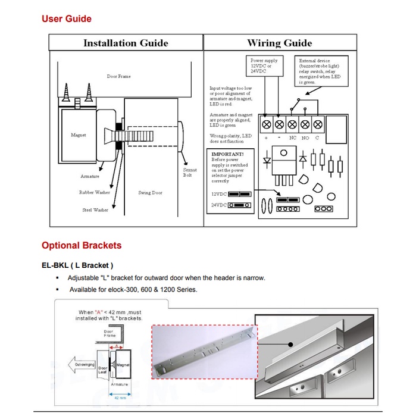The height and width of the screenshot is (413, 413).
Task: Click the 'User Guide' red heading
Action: pyautogui.click(x=66, y=19)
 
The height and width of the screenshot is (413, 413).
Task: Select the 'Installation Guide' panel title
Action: pyautogui.click(x=126, y=43)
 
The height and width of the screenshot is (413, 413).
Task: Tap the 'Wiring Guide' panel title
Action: pyautogui.click(x=279, y=43)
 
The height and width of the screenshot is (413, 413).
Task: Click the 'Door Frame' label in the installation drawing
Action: pyautogui.click(x=118, y=77)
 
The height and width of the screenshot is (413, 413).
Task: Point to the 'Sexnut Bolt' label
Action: pyautogui.click(x=189, y=172)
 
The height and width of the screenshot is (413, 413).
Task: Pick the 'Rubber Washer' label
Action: pyautogui.click(x=94, y=193)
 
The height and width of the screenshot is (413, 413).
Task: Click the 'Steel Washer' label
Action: pyautogui.click(x=95, y=210)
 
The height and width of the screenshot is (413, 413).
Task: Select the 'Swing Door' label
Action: pyautogui.click(x=150, y=193)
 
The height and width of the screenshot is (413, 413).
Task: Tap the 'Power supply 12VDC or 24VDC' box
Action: pyautogui.click(x=265, y=66)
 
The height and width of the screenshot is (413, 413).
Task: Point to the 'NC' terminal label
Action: pyautogui.click(x=292, y=137)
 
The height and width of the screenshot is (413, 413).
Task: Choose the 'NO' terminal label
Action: pyautogui.click(x=305, y=137)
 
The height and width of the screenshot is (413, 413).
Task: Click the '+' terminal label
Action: pyautogui.click(x=265, y=137)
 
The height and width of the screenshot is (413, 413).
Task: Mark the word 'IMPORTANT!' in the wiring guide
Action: pyautogui.click(x=228, y=154)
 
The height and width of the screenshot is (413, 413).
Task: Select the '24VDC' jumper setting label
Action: pyautogui.click(x=218, y=205)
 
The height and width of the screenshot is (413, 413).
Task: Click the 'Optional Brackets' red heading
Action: pyautogui.click(x=81, y=245)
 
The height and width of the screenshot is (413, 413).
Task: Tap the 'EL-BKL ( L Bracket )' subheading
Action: pyautogui.click(x=77, y=265)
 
